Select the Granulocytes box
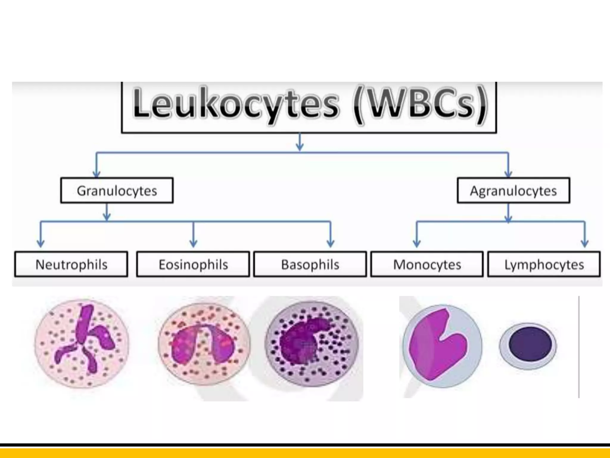[117, 191]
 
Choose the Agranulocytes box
[513, 191]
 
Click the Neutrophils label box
[71, 264]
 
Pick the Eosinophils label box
[193, 264]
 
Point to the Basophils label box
[310, 264]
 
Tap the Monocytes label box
[427, 264]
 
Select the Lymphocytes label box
[544, 264]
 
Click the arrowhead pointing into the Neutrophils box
[41, 243]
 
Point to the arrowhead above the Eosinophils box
[193, 243]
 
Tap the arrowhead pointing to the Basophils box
[330, 243]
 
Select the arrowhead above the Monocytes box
[417, 243]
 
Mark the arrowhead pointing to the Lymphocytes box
[585, 243]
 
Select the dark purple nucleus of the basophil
[301, 340]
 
